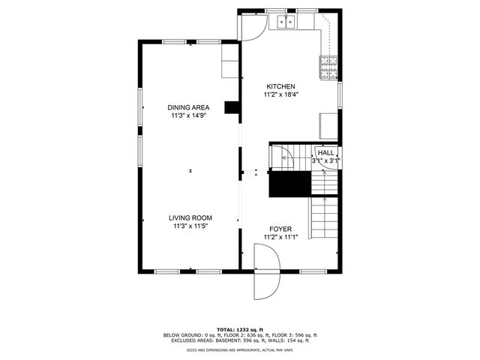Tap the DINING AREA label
[188, 108]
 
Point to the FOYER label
[280, 229]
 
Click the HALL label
[326, 152]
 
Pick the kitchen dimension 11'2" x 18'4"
[279, 95]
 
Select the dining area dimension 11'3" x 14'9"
[188, 116]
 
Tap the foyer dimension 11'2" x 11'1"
[280, 237]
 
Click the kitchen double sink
[286, 22]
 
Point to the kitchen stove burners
[328, 68]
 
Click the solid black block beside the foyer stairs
[289, 184]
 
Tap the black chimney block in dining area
[232, 109]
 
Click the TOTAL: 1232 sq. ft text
[239, 330]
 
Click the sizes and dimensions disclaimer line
[239, 349]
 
